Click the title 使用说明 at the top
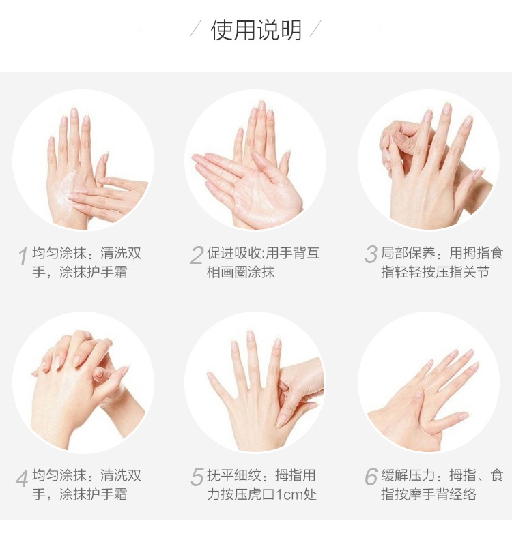256,31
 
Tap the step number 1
23,256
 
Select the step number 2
197,256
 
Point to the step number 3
371,254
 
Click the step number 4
22,479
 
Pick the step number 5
197,477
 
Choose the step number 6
371,477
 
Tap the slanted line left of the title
195,29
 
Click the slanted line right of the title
315,29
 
